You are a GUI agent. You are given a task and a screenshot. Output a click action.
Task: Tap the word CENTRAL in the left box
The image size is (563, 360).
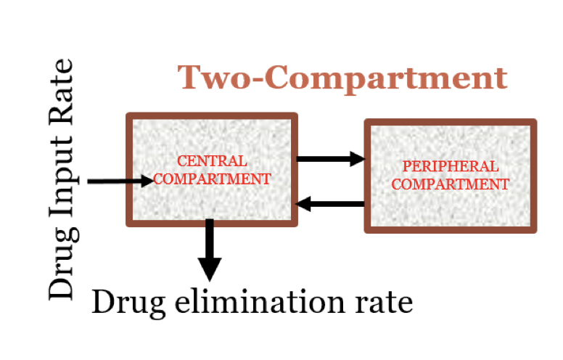[213, 160]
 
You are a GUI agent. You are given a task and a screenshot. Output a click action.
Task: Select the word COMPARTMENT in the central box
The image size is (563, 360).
[213, 179]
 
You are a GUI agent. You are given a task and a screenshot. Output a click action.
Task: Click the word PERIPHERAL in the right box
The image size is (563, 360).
[451, 167]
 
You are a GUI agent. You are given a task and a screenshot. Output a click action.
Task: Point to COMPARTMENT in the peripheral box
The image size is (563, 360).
[451, 184]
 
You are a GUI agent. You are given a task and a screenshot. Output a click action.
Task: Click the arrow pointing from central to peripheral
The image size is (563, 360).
[330, 158]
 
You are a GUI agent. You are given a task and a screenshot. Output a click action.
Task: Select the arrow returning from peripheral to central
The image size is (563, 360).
[330, 204]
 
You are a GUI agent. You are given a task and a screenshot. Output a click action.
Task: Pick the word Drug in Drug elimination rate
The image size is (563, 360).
[123, 300]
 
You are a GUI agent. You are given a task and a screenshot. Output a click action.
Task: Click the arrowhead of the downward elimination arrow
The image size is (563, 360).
[210, 270]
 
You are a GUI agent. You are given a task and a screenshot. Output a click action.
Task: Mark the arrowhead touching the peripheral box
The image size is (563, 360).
[356, 158]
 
